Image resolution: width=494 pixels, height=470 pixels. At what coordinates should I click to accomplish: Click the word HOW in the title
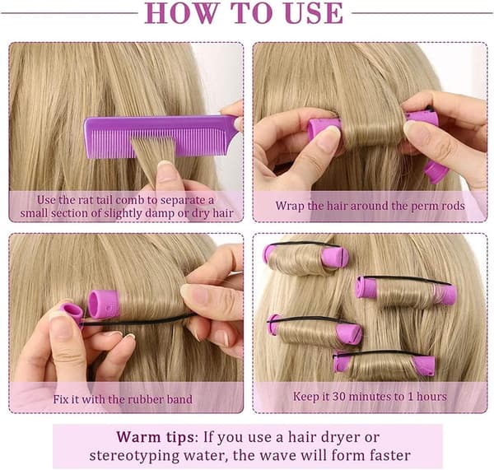point(181,13)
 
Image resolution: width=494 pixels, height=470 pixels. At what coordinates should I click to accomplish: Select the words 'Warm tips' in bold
point(155,438)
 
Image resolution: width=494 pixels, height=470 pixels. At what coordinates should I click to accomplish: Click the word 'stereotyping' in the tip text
point(134,456)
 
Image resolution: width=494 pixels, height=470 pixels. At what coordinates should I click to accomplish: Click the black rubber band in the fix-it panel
point(136,320)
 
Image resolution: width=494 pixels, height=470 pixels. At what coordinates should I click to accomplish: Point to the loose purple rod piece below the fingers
point(436,172)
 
